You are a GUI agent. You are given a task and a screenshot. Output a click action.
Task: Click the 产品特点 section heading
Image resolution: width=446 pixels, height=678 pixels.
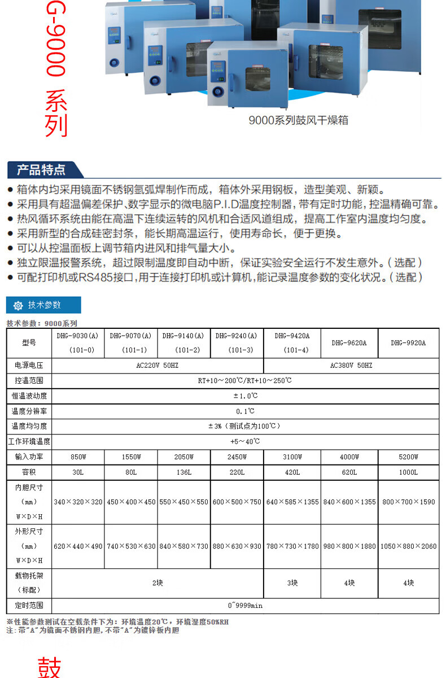click(x=41, y=169)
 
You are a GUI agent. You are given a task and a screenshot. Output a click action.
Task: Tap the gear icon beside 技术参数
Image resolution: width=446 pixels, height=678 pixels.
click(x=18, y=305)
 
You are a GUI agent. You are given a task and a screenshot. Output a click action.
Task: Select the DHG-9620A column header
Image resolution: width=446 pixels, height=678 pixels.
click(x=349, y=342)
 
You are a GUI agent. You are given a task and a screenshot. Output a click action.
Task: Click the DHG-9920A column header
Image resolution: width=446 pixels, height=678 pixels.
click(x=408, y=342)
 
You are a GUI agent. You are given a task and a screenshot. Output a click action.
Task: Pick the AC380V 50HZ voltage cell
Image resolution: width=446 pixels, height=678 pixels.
click(x=351, y=366)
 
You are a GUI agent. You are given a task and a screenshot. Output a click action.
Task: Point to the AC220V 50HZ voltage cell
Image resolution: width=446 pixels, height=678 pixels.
click(x=158, y=366)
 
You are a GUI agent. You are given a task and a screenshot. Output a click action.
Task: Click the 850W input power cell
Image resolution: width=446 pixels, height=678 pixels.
click(x=78, y=457)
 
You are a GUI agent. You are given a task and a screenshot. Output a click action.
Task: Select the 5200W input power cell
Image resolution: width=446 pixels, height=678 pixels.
click(x=408, y=457)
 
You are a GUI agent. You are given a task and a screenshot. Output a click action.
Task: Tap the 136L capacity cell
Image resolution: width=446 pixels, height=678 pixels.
click(x=184, y=472)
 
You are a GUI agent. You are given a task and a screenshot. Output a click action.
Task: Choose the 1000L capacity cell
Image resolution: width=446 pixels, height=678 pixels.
click(x=408, y=472)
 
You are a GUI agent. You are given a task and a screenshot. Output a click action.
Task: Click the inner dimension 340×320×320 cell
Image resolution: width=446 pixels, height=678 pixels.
click(x=78, y=502)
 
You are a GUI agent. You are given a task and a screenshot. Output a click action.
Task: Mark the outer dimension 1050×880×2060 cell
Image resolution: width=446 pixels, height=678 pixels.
click(x=408, y=546)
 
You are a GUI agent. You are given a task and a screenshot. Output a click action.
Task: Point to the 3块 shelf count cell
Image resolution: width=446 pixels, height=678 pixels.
click(x=292, y=583)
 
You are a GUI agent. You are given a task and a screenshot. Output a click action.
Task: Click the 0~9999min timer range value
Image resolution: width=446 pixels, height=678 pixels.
click(x=245, y=606)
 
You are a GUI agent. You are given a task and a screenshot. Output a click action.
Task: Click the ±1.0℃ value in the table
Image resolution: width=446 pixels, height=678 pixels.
click(x=245, y=395)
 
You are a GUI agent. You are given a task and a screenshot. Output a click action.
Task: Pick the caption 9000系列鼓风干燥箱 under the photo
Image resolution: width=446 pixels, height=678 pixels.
click(x=299, y=120)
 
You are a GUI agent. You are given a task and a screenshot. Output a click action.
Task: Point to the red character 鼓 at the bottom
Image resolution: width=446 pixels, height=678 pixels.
click(x=50, y=667)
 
